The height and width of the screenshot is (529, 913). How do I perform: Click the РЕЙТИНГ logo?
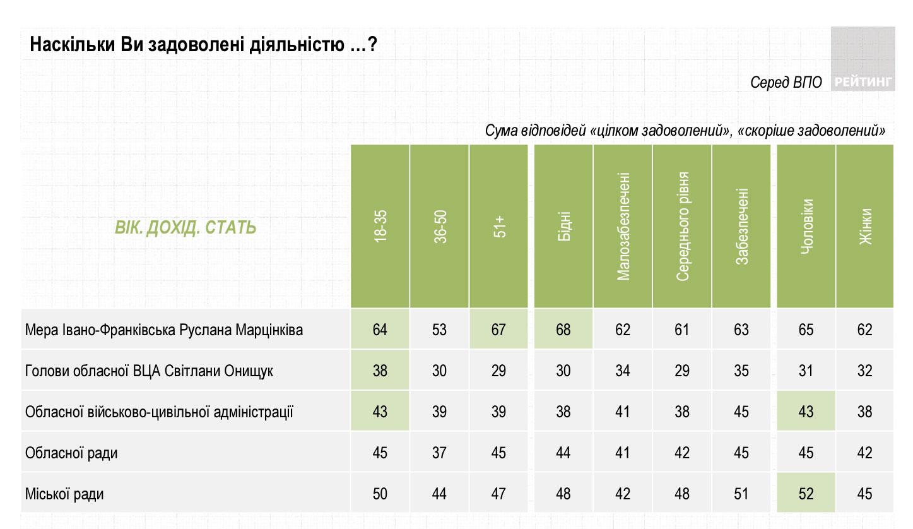[x=863, y=81]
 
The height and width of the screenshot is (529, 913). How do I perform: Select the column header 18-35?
[x=380, y=226]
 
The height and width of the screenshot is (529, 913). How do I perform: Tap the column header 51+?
[x=498, y=226]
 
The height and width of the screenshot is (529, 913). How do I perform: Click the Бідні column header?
[x=563, y=226]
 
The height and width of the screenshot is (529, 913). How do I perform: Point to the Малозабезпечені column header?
[x=623, y=226]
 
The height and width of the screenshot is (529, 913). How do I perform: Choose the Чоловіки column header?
[x=806, y=226]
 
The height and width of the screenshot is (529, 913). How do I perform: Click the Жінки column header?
[x=865, y=226]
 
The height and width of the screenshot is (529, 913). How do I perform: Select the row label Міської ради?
[x=64, y=494]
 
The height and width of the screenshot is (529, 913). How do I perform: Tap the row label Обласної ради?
[x=71, y=453]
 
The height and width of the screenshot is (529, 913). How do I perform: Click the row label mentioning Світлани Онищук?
[x=149, y=371]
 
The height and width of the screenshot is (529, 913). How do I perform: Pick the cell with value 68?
[x=563, y=330]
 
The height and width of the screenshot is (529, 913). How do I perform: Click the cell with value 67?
[x=498, y=330]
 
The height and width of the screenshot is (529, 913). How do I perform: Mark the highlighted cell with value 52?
[x=806, y=494]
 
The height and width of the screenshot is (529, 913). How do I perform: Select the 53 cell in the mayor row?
[x=439, y=330]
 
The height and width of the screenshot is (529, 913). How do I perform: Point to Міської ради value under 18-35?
[x=380, y=494]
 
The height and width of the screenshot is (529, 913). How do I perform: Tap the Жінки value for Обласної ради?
[x=865, y=453]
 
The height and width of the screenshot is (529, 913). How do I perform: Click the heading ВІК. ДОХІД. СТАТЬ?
[x=186, y=227]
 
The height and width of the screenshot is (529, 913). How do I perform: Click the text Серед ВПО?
[x=786, y=83]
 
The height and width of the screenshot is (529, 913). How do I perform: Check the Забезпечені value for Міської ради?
[x=741, y=494]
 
